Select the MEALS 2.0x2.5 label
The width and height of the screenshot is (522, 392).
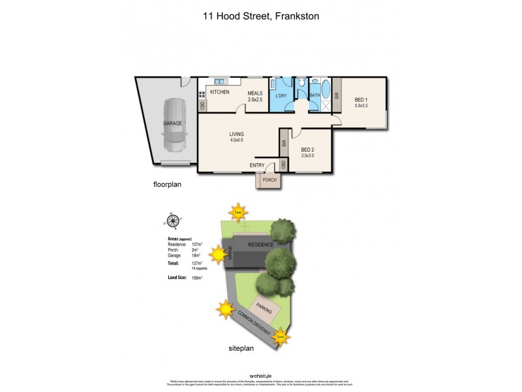pos(254,97)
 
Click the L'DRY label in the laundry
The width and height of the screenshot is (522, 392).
pos(281,96)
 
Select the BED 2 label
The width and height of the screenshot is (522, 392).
pos(308,152)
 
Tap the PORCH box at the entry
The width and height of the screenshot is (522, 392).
pos(269,180)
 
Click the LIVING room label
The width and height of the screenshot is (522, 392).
pos(236,137)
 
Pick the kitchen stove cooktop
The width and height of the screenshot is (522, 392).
pos(202,93)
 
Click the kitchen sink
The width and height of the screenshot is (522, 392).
pos(219,81)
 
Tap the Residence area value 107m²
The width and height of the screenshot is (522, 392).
pos(197,244)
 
